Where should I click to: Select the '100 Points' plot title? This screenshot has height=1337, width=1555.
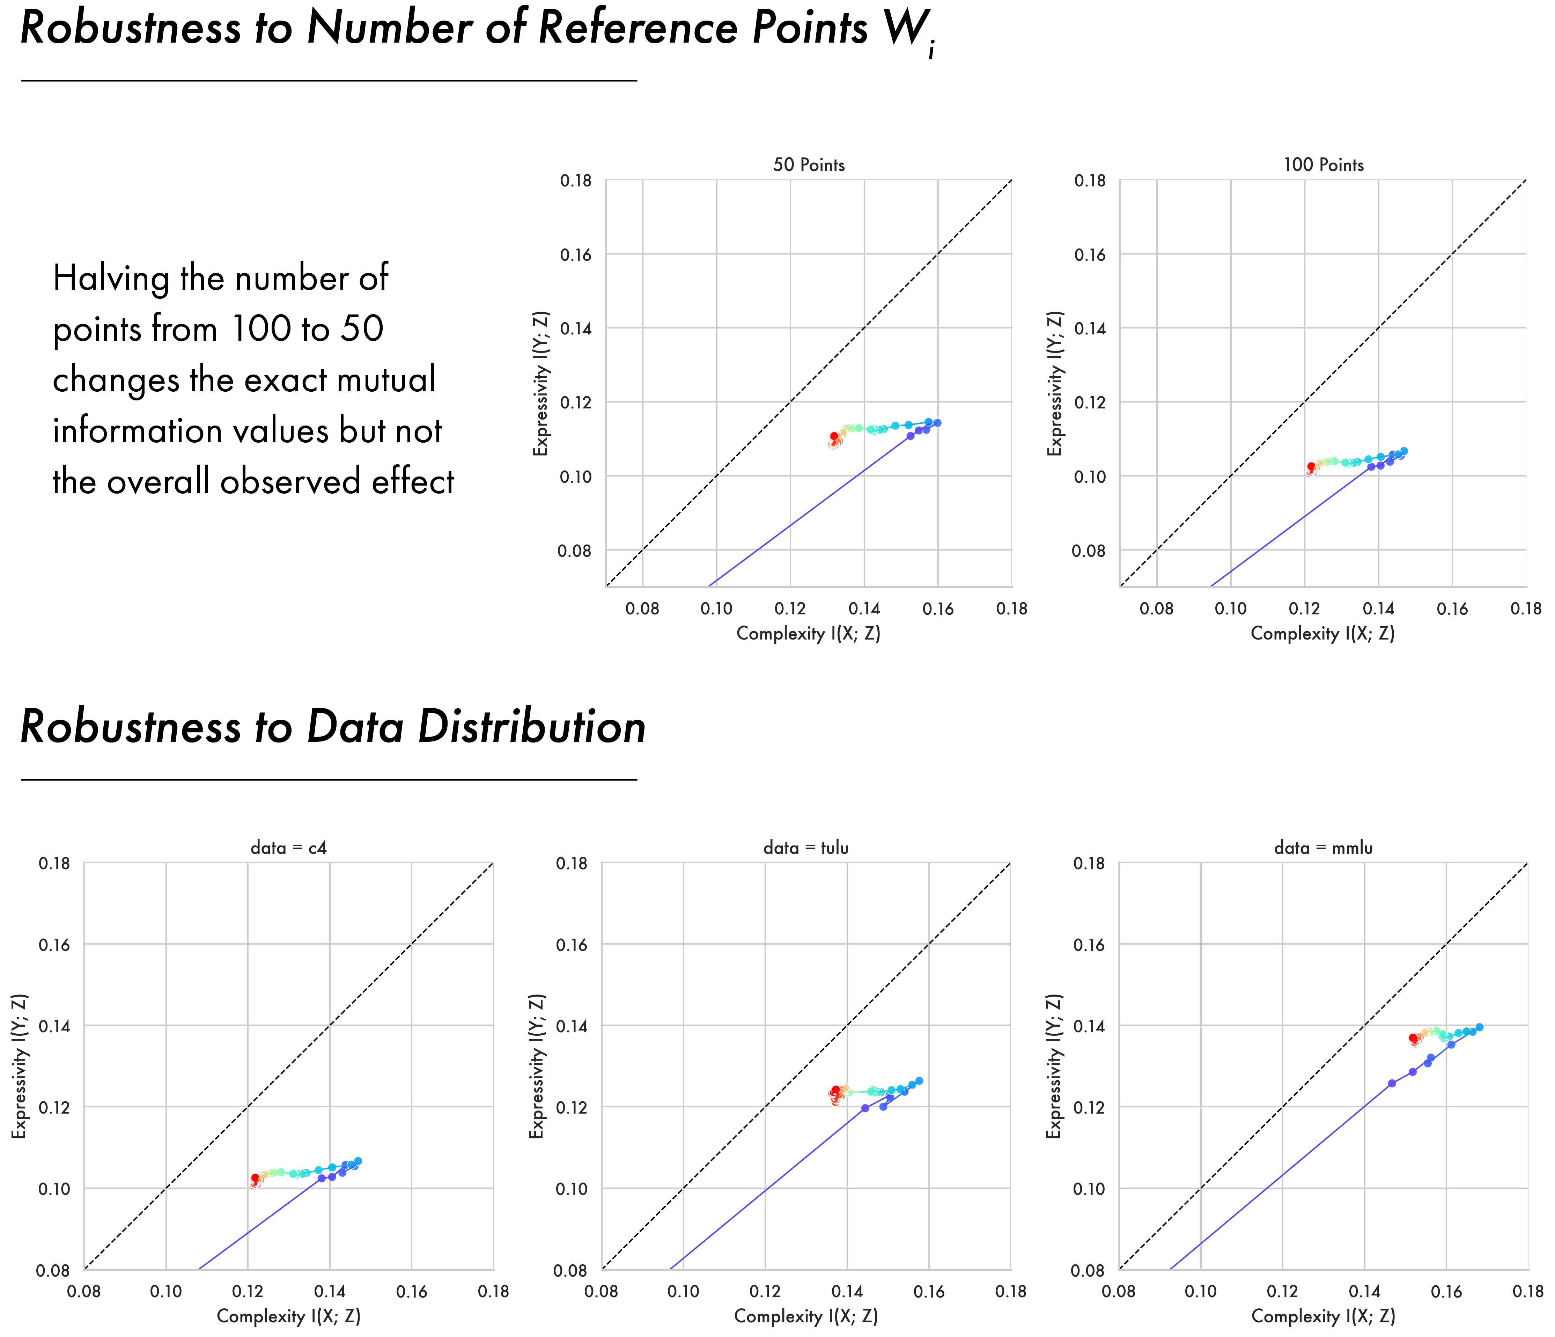pos(1323,165)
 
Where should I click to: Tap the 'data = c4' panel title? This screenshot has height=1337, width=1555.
pos(288,848)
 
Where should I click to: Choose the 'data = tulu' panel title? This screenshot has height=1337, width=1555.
pos(806,848)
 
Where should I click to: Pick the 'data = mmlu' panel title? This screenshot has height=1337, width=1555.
pos(1323,848)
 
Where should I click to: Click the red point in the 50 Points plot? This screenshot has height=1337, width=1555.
pos(834,436)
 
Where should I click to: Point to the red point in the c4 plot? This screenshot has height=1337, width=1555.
pos(255,1178)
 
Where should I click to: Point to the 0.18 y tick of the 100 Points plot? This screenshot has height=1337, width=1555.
pos(1090,181)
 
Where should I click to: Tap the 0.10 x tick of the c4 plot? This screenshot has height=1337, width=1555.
pos(166,1292)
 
